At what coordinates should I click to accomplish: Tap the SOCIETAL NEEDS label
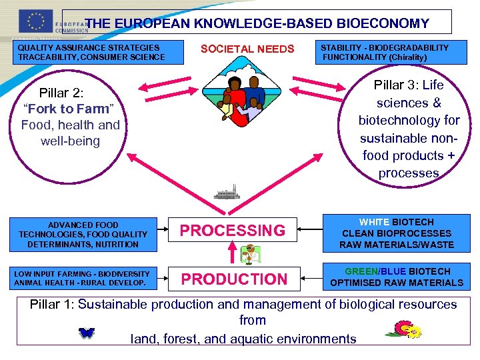pyautogui.click(x=247, y=49)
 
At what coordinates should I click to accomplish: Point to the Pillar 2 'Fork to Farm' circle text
pyautogui.click(x=70, y=108)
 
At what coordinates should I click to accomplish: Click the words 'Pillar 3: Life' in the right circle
pyautogui.click(x=408, y=85)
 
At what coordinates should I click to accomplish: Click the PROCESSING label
pyautogui.click(x=233, y=231)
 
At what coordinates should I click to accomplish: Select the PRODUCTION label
pyautogui.click(x=234, y=279)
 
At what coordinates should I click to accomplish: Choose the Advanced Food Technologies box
pyautogui.click(x=83, y=235)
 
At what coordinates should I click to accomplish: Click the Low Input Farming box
pyautogui.click(x=82, y=278)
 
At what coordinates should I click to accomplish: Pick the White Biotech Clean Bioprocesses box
pyautogui.click(x=396, y=233)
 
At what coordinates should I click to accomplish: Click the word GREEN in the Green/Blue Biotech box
pyautogui.click(x=360, y=271)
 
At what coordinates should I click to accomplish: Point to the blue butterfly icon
pyautogui.click(x=86, y=333)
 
